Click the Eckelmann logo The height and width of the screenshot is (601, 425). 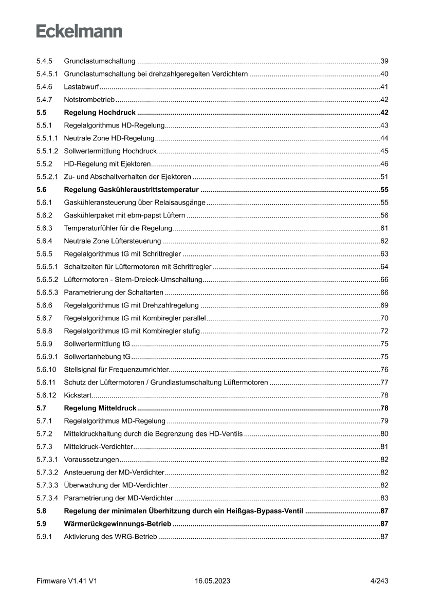tap(79, 31)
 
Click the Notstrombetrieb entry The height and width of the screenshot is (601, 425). tap(89, 100)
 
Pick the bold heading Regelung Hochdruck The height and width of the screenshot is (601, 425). tap(99, 113)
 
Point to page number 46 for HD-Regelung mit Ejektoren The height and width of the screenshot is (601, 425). tap(384, 164)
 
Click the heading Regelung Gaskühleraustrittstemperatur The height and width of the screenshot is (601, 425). tap(131, 190)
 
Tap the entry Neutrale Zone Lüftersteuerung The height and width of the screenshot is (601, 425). tap(112, 241)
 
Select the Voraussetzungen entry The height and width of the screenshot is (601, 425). tap(91, 460)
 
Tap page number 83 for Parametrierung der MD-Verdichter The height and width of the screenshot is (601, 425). tap(384, 498)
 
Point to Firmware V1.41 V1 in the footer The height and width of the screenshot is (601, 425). tap(67, 581)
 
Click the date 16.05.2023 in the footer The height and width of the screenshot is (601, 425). tap(212, 581)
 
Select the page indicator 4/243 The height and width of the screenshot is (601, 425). tap(379, 581)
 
